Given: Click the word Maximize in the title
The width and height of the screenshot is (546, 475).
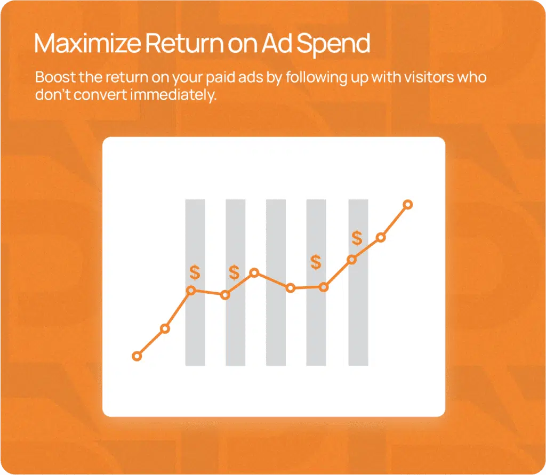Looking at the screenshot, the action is (x=87, y=44).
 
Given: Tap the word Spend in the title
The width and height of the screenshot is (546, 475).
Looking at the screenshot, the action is (x=333, y=45).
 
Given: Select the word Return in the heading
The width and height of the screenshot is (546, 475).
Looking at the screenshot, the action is (x=184, y=44).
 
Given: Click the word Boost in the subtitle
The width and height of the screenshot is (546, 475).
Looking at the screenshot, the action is (x=55, y=77).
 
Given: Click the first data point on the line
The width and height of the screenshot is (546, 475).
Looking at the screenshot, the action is (x=137, y=356).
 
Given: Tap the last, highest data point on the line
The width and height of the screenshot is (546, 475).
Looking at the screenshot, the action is (x=408, y=204).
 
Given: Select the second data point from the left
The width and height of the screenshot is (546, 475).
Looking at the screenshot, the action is (x=165, y=329).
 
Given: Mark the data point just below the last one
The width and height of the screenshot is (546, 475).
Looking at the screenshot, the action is (x=381, y=238).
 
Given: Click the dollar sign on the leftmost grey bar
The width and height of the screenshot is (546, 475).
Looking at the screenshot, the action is (x=195, y=272).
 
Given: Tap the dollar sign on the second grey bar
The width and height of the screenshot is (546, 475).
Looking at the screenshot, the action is (x=235, y=272).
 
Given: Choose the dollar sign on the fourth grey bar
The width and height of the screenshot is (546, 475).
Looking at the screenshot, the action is (x=316, y=262).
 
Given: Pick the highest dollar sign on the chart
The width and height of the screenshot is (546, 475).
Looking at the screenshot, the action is (x=357, y=238).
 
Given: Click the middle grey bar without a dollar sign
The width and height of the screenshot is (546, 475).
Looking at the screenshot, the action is (x=276, y=283).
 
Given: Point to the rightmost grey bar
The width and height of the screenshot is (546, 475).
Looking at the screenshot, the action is (x=358, y=283).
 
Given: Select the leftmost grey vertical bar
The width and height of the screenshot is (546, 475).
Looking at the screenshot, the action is (x=195, y=283).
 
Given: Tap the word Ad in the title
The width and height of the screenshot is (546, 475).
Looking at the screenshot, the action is (x=277, y=44).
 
